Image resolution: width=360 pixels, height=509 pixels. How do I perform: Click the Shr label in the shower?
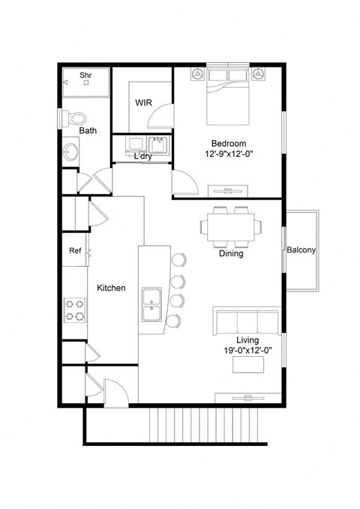point(85,75)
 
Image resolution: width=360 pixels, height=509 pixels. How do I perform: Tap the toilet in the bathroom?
point(75,118)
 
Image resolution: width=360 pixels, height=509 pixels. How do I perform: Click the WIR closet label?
point(145,103)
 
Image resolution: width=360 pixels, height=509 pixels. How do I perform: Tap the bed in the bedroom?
point(227,96)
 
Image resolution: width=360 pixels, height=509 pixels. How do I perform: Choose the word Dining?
point(231,253)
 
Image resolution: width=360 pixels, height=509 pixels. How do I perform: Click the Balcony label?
point(301,250)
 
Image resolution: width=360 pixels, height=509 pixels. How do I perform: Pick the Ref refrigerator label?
point(75,251)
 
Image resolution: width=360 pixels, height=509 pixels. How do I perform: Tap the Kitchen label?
point(111,288)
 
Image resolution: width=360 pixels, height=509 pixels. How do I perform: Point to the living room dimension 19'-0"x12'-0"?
point(247,350)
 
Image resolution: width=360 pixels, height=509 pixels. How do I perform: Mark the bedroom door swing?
point(184,182)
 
